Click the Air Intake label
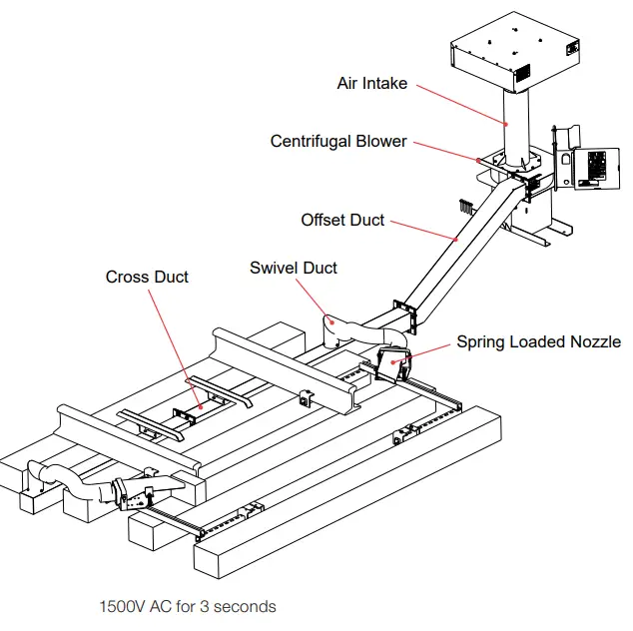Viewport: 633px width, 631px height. pos(371,84)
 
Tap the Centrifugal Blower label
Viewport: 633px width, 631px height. pos(338,142)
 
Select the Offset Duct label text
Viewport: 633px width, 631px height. pos(342,220)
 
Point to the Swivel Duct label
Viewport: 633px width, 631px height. pos(294,268)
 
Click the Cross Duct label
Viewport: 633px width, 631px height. pos(147,277)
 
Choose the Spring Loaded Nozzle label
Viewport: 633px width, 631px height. pos(538,342)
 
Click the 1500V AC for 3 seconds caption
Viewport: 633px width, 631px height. pos(188,606)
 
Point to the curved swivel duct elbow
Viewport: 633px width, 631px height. pos(339,329)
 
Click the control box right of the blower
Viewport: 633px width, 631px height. pos(591,165)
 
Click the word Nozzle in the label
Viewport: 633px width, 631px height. pos(593,342)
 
